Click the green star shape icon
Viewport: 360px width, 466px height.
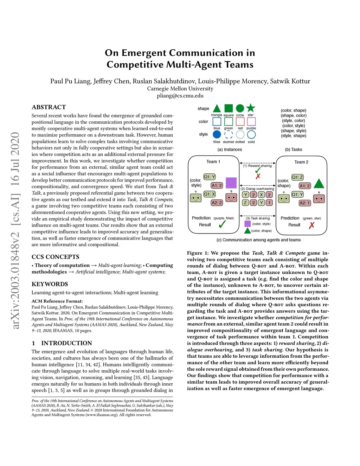click(x=250, y=108)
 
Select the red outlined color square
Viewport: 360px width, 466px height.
click(x=240, y=121)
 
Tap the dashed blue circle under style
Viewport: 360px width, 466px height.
click(x=229, y=135)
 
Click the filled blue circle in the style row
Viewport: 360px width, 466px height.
click(x=217, y=134)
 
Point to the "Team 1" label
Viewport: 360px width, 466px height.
click(x=213, y=162)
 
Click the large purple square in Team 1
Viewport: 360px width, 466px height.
click(x=231, y=183)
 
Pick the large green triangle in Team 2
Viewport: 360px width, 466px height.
click(x=319, y=184)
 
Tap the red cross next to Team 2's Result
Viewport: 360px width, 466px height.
click(x=311, y=225)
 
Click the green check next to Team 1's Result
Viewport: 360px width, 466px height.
click(x=222, y=224)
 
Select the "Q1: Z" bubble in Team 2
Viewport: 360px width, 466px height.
click(x=297, y=177)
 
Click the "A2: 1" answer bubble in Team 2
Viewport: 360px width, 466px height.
click(x=304, y=203)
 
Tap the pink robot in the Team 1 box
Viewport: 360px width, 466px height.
click(x=231, y=198)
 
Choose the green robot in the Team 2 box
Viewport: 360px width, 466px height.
click(x=284, y=198)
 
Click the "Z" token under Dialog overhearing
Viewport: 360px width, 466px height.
click(x=245, y=203)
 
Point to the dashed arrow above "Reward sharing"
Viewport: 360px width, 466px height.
click(x=258, y=163)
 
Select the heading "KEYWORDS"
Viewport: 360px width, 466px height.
click(x=50, y=284)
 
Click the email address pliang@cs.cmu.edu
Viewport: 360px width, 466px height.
click(x=180, y=96)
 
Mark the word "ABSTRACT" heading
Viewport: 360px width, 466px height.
click(x=49, y=107)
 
